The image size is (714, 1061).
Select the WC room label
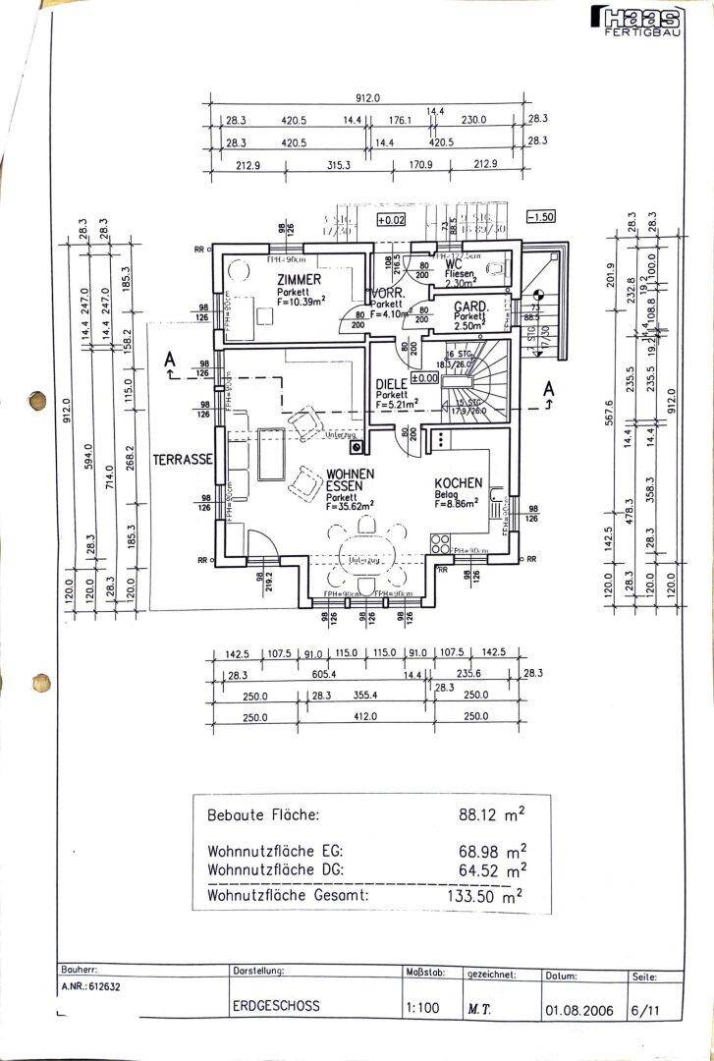pos(454,263)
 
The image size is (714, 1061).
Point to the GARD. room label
pos(470,307)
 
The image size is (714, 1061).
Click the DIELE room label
pos(393,385)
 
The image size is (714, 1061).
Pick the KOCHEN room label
pos(459,482)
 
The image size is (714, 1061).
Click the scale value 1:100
pos(417,1006)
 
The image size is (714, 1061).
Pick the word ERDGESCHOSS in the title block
pos(276,1006)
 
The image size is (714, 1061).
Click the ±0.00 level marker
pos(423,377)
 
